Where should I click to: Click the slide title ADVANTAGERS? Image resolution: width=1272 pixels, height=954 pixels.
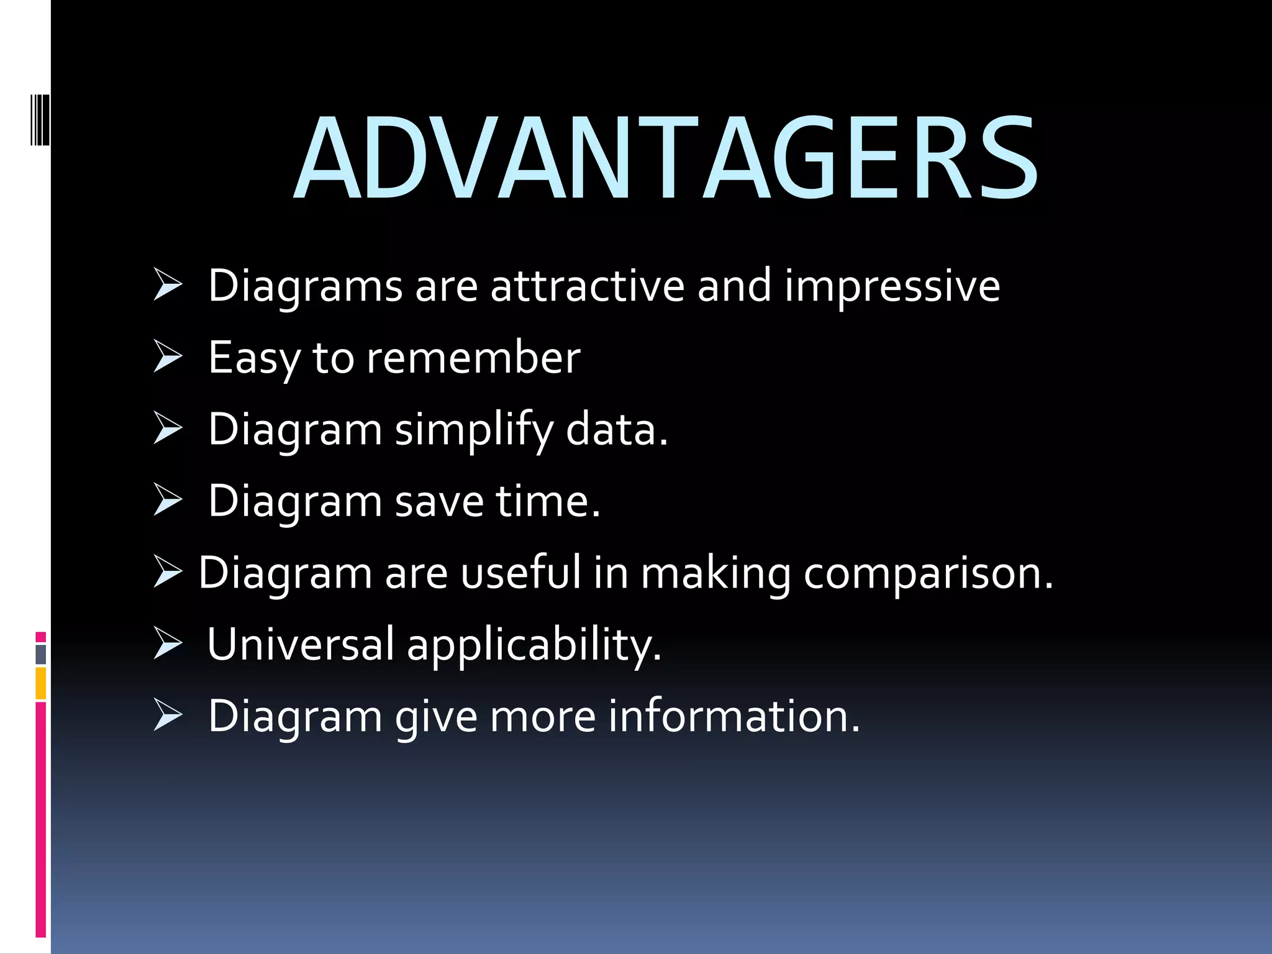(x=666, y=158)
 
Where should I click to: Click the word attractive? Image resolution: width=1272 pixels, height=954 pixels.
(x=587, y=286)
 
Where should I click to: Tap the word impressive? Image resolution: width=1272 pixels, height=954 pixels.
(x=892, y=286)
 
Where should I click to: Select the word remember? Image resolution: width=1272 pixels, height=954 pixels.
(x=473, y=358)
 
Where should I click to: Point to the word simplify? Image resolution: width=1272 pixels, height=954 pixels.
(x=474, y=430)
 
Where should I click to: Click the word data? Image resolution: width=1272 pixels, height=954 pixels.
(x=616, y=429)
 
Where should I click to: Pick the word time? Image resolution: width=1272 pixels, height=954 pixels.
(x=548, y=501)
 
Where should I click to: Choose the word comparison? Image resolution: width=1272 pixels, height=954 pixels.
(x=928, y=573)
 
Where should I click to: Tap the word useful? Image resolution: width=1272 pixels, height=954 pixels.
(x=520, y=572)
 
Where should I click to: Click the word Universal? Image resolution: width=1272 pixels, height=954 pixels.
(x=300, y=644)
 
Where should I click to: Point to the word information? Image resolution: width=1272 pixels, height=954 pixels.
(x=734, y=716)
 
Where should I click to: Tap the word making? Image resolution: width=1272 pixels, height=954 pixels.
(x=715, y=573)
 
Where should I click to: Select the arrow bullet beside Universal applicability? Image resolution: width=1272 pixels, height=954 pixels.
(x=168, y=643)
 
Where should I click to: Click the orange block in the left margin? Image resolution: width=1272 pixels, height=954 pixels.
(x=40, y=683)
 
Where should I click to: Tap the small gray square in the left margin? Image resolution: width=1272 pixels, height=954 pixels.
(x=40, y=654)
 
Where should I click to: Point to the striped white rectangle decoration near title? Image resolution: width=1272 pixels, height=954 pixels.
(x=40, y=119)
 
